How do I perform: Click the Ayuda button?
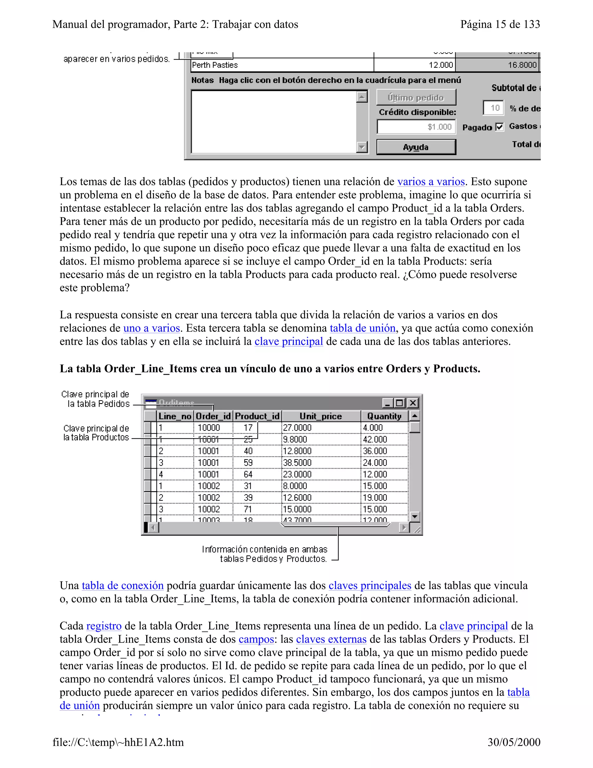point(416,147)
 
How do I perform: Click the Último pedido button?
point(416,97)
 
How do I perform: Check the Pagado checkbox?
point(499,127)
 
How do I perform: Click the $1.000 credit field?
point(416,127)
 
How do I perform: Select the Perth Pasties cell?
point(282,65)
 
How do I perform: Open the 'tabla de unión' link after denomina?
point(362,328)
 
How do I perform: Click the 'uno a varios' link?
point(151,328)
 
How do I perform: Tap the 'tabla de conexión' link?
point(122,585)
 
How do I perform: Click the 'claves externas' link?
point(331,639)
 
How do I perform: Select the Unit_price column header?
point(321,416)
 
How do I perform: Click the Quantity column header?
point(384,416)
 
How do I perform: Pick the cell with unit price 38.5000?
point(321,463)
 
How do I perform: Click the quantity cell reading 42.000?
point(384,440)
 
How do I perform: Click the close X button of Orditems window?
point(413,403)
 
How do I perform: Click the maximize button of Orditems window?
point(399,403)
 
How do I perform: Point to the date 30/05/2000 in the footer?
point(514,742)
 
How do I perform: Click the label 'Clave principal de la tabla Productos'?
point(96,433)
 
